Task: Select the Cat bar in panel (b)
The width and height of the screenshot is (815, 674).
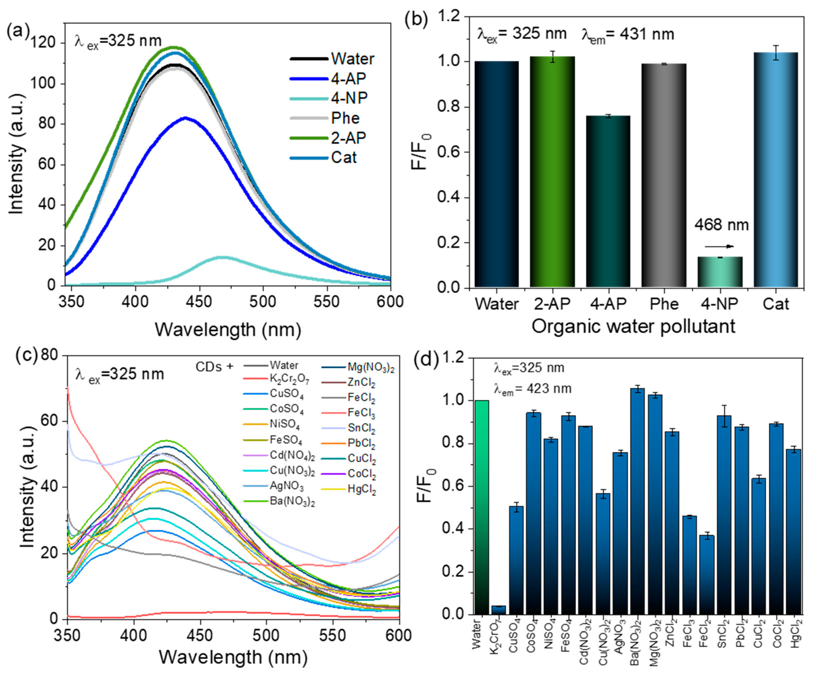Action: point(775,171)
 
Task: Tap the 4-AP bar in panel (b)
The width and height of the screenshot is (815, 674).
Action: point(608,202)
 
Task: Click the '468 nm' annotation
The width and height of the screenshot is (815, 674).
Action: point(721,225)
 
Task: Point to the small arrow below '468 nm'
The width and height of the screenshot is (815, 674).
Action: point(719,246)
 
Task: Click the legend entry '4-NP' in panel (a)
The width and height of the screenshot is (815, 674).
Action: point(348,98)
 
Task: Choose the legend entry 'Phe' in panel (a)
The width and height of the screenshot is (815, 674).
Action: point(345,118)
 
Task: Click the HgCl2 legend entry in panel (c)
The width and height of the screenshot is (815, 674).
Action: point(362,490)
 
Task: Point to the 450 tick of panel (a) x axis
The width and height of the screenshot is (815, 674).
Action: point(199,301)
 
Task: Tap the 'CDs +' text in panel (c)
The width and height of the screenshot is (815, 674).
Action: point(215,366)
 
